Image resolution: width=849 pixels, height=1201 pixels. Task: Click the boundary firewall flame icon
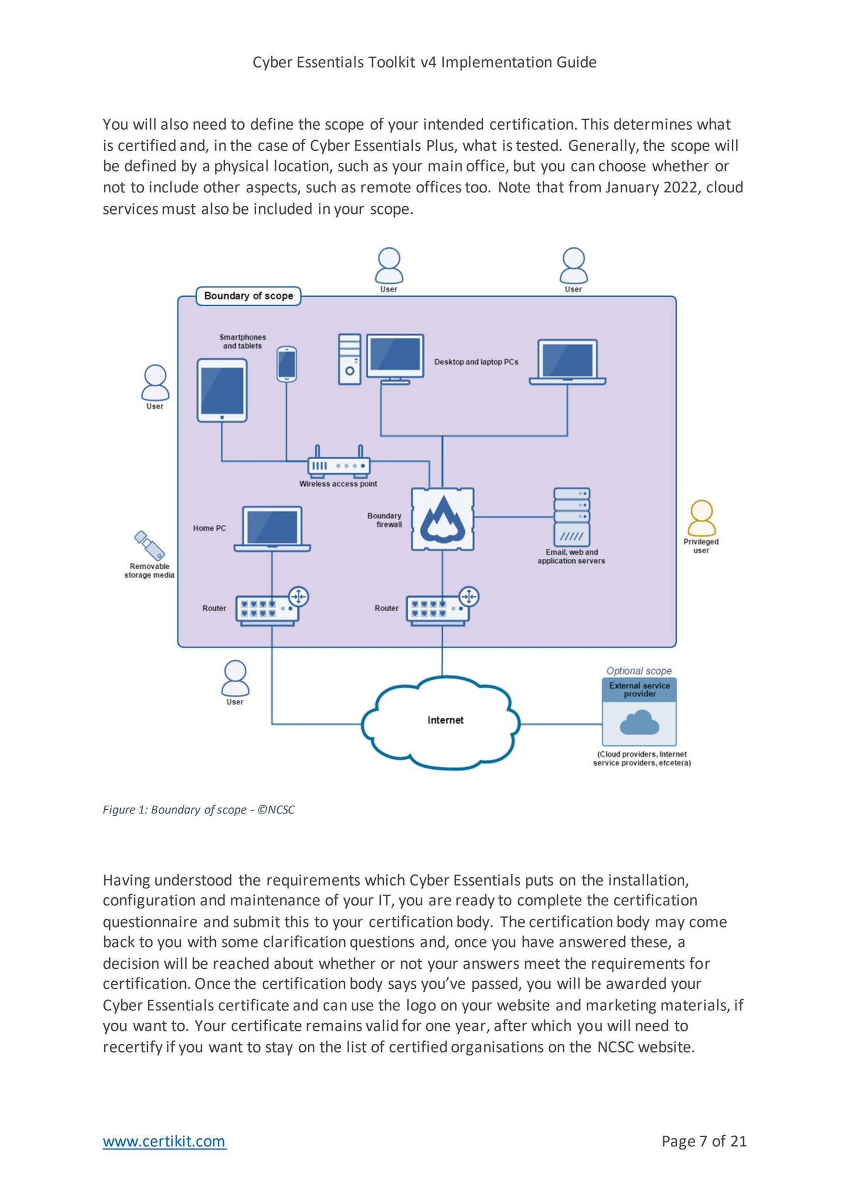point(442,518)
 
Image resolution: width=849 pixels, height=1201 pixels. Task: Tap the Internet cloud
point(442,721)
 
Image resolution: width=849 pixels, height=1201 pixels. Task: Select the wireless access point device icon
point(339,465)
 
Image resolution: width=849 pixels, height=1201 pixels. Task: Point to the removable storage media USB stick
point(149,545)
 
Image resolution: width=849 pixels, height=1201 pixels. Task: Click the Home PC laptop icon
point(273,528)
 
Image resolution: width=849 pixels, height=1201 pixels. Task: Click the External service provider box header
point(639,690)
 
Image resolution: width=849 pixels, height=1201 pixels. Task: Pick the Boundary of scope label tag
point(248,296)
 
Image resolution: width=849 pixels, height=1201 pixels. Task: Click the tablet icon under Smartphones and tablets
point(222,391)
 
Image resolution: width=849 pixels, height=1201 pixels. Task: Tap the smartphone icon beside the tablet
point(287,364)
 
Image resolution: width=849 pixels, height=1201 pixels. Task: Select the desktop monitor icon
point(395,358)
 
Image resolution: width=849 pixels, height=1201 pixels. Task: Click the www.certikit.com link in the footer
point(164,1141)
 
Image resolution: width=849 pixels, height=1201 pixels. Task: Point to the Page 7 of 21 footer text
point(704,1141)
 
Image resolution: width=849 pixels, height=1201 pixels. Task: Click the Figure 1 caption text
point(198,810)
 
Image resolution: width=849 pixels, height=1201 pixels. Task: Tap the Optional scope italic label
point(639,671)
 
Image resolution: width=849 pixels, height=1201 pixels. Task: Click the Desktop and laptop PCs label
point(476,362)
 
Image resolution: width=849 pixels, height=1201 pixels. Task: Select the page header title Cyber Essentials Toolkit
point(424,62)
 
